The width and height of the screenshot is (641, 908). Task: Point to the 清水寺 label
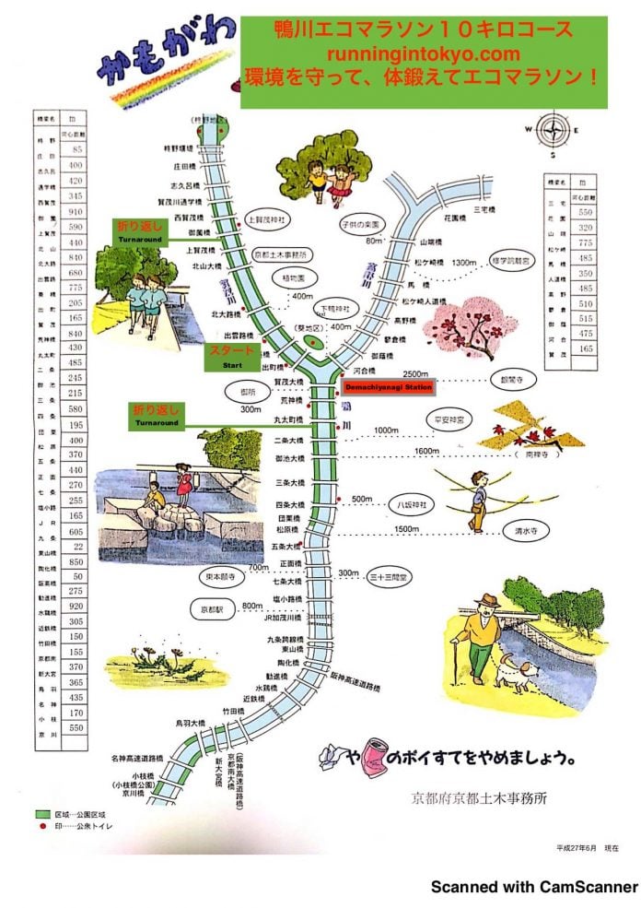[x=527, y=532]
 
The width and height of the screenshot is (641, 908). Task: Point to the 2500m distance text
[x=416, y=371]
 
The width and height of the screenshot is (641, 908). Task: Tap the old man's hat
[x=486, y=603]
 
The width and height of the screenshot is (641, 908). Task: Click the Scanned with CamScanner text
[x=534, y=887]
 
